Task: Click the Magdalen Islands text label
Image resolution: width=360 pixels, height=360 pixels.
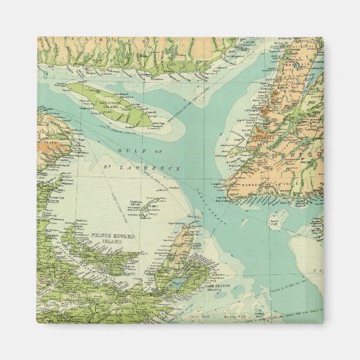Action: pyautogui.click(x=139, y=199)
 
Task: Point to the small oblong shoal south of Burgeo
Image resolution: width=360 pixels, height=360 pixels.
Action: pyautogui.click(x=275, y=219)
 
